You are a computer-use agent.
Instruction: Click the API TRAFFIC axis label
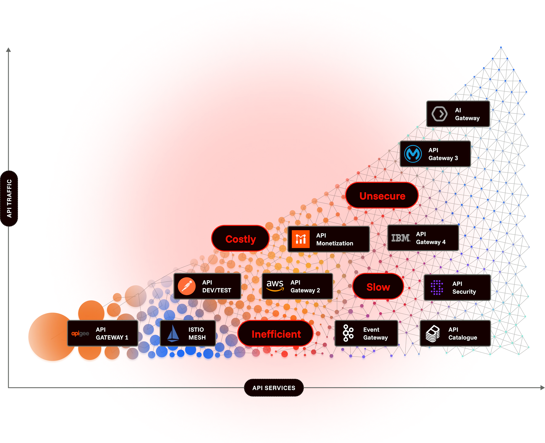tap(9, 198)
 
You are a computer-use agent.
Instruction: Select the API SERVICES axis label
tap(274, 388)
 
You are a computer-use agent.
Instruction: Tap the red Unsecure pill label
tap(382, 196)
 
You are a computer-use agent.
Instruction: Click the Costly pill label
tap(240, 239)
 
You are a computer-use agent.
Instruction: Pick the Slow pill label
tap(378, 287)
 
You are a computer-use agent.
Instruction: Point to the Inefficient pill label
tap(276, 334)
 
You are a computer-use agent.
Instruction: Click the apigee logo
tap(80, 333)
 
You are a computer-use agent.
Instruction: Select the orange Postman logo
tap(187, 286)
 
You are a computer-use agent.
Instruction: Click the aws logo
tap(275, 285)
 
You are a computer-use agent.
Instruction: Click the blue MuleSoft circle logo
tap(413, 154)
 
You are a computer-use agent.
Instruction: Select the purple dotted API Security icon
tap(437, 287)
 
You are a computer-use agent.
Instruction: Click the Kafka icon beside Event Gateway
tap(348, 333)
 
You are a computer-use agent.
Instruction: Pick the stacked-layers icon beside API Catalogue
tap(433, 333)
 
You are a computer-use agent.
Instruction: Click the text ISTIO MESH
tap(197, 333)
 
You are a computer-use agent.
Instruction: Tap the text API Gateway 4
tap(431, 238)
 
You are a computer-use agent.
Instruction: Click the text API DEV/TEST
tap(217, 286)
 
